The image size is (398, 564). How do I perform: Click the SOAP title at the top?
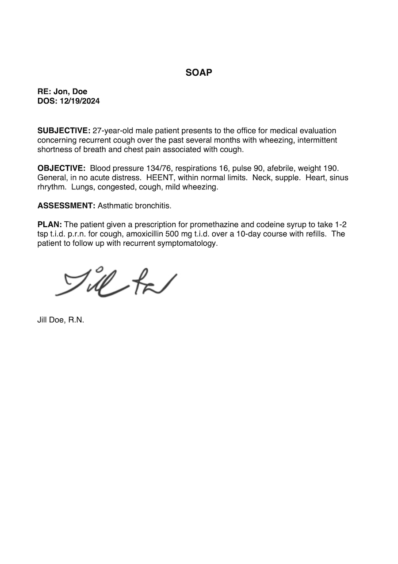[199, 73]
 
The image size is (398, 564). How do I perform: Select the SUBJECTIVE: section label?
[64, 131]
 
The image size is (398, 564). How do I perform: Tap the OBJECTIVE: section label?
[61, 168]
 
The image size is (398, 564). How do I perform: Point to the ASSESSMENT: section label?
[66, 206]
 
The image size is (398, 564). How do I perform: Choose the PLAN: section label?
[50, 224]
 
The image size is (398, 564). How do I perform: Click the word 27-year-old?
[113, 131]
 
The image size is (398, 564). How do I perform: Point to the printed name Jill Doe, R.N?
[61, 320]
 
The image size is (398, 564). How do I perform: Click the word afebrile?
[280, 168]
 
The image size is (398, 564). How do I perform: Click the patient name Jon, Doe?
[70, 92]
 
